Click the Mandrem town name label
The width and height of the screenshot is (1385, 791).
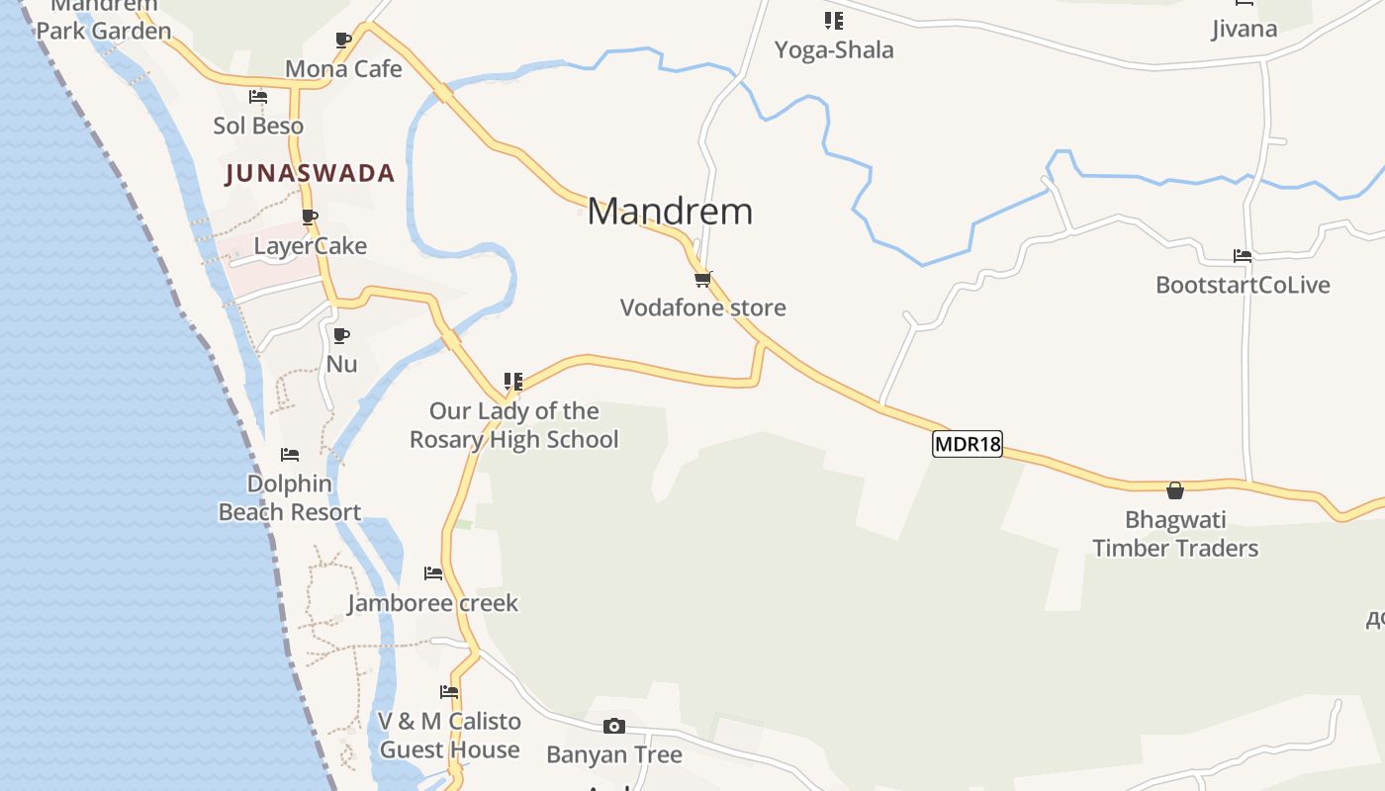[670, 212]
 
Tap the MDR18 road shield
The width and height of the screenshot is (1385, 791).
[968, 444]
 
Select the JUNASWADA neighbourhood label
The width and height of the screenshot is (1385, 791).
[310, 174]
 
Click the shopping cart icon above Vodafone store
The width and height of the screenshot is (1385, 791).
[703, 280]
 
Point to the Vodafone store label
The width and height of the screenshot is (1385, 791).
[702, 308]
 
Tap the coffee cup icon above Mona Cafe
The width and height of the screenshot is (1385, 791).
[343, 41]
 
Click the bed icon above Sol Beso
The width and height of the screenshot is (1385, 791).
[258, 97]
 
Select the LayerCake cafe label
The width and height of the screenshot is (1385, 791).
[310, 246]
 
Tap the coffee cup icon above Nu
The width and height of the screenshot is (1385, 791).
[341, 336]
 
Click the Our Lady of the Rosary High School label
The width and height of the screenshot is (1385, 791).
[513, 425]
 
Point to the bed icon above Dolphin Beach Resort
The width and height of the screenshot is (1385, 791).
[290, 455]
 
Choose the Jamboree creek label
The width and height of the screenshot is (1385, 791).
[432, 603]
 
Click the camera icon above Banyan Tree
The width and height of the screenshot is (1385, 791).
[614, 727]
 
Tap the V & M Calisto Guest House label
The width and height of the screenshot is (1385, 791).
[449, 736]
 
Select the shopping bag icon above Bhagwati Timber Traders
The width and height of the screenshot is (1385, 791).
[1175, 490]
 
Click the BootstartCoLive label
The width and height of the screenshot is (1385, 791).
[1243, 285]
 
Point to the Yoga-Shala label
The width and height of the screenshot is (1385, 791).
[834, 49]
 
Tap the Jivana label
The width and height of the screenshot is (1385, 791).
[1245, 29]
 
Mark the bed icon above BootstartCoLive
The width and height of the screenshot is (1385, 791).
[1243, 256]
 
